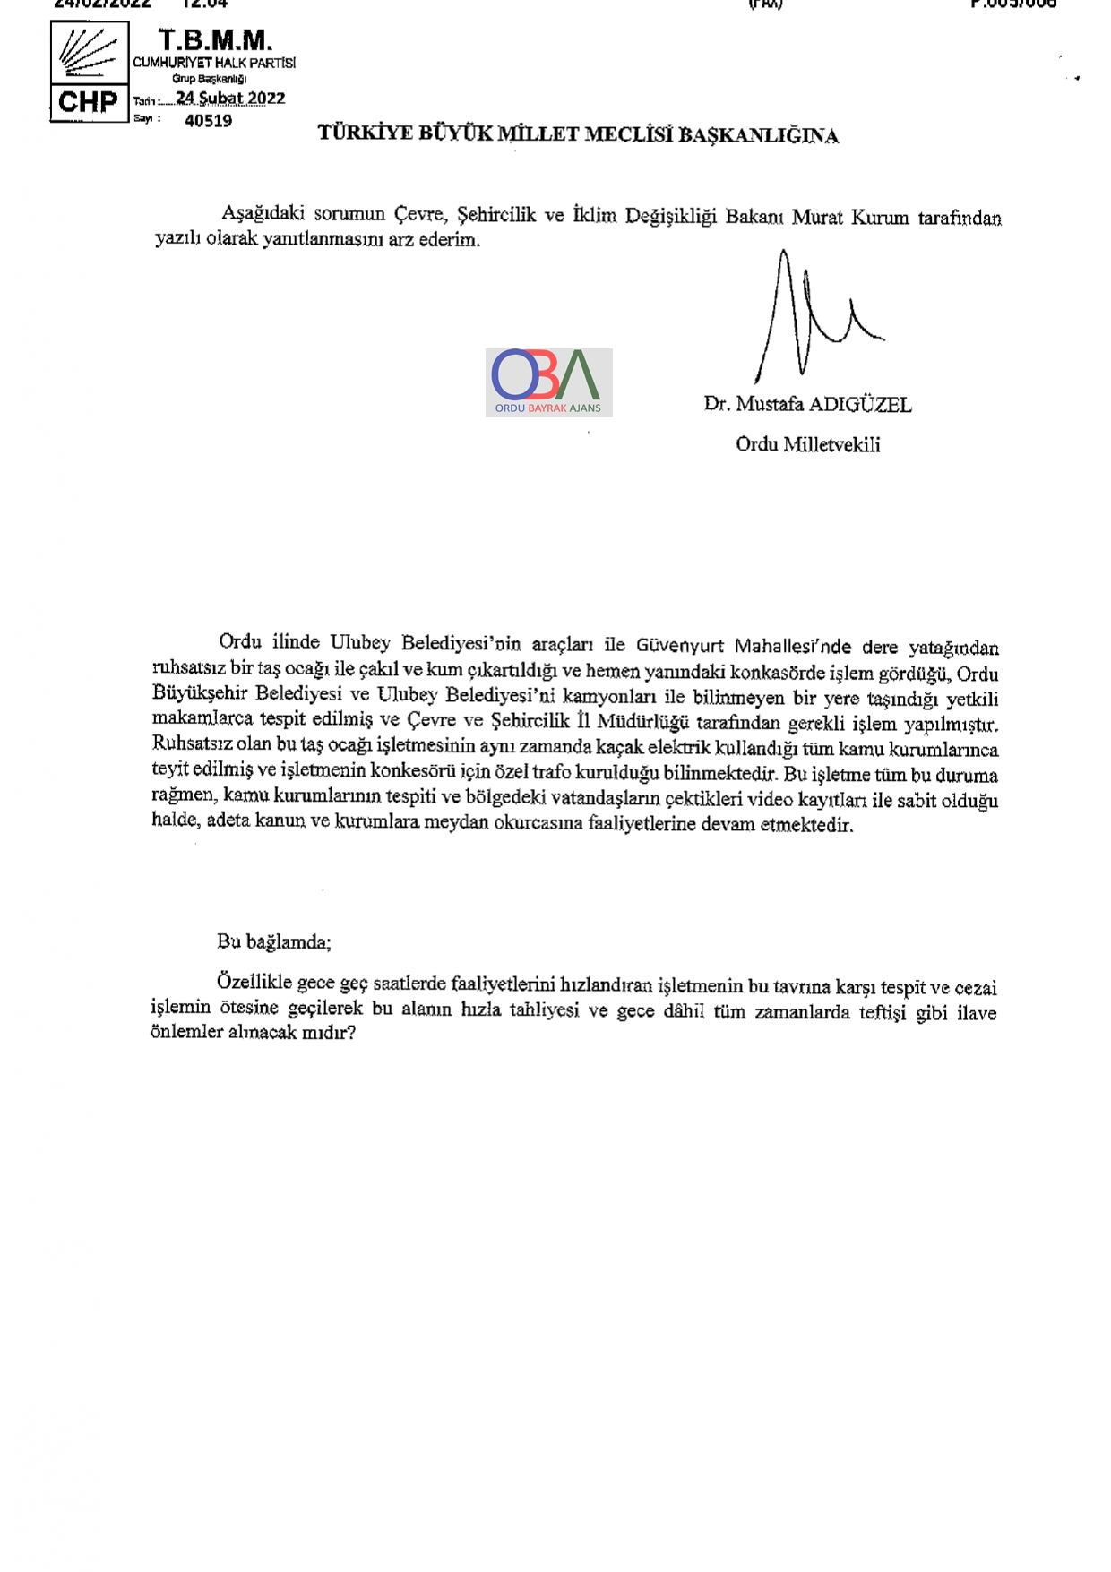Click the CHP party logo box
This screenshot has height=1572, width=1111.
coord(89,72)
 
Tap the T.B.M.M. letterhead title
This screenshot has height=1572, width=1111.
coord(215,40)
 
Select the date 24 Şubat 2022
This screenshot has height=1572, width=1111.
coord(230,99)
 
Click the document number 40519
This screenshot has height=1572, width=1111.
coord(208,121)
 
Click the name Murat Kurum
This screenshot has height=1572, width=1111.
coord(850,218)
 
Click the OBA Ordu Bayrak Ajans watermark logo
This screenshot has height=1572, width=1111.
coord(548,382)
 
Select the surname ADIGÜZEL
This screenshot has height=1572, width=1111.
coord(860,405)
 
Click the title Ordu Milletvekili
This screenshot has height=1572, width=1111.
coord(807,444)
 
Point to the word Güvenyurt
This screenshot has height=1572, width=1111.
coord(681,646)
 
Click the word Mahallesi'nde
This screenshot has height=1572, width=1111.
coord(793,647)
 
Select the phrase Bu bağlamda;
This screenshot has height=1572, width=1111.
coord(273,941)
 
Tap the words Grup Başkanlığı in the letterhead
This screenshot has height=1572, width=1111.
coord(209,79)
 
